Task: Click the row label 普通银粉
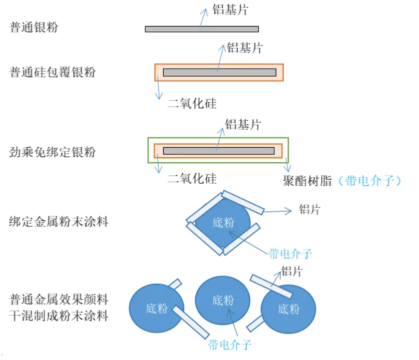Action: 34,27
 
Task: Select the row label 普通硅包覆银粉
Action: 53,73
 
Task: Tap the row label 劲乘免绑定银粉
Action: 53,152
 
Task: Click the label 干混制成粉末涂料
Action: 59,316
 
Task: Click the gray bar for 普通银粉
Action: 202,29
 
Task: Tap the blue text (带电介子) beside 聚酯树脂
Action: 369,181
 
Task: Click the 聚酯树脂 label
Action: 307,181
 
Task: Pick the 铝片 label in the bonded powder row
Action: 309,209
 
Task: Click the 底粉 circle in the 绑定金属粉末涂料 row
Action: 223,223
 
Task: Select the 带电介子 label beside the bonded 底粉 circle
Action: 290,254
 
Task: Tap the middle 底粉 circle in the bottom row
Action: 222,300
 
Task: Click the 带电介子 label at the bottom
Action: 229,344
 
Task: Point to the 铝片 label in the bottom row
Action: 291,271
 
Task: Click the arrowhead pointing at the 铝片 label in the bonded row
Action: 289,211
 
